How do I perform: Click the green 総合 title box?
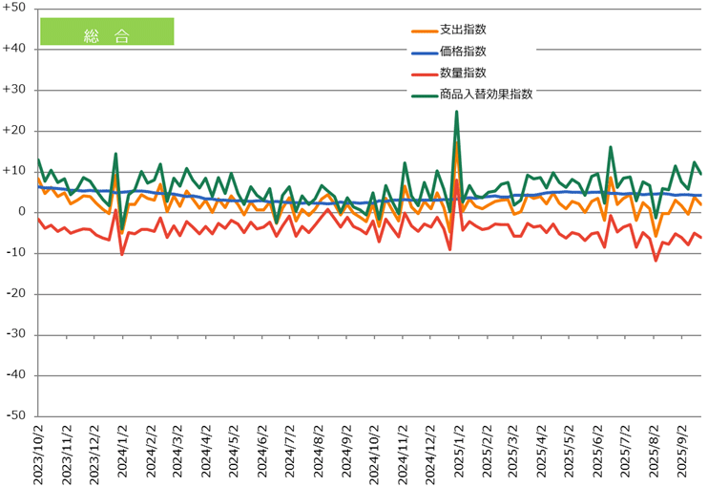pyautogui.click(x=107, y=32)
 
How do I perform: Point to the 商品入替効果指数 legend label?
pyautogui.click(x=486, y=94)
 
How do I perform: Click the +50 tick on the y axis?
pyautogui.click(x=16, y=8)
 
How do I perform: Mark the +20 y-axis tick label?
pyautogui.click(x=16, y=131)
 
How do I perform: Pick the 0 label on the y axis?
pyautogui.click(x=23, y=212)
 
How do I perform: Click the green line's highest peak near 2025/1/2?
pyautogui.click(x=457, y=112)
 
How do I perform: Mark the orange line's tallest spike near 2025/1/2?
pyautogui.click(x=457, y=143)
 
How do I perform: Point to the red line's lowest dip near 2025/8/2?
pyautogui.click(x=656, y=260)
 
